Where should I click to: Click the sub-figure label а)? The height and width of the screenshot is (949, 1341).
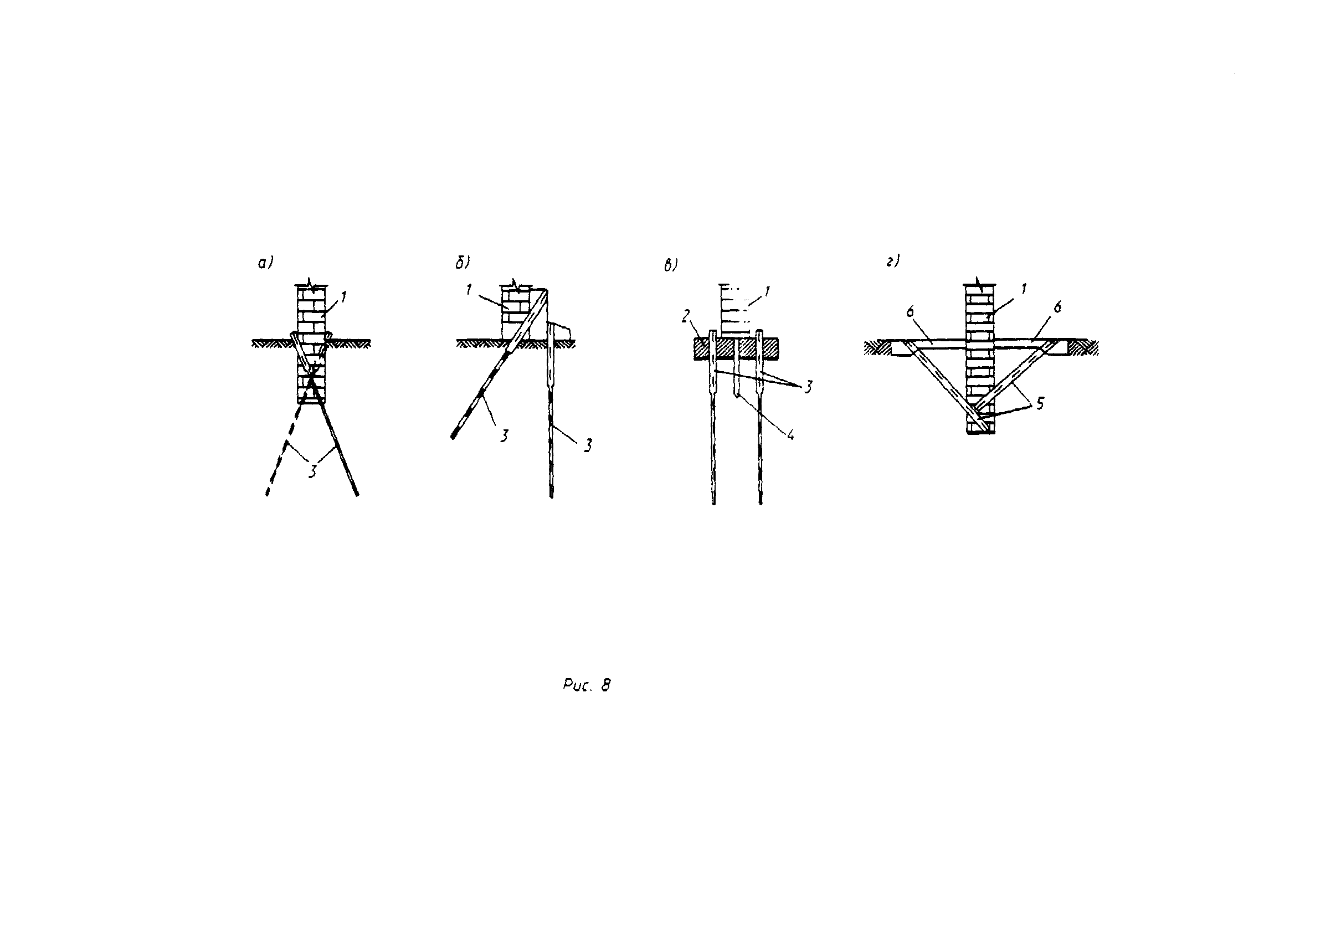point(265,264)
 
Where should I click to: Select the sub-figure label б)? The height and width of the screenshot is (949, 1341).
point(462,264)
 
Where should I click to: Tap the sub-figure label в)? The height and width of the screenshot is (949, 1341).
point(670,266)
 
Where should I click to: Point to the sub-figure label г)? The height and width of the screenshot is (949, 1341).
point(892,261)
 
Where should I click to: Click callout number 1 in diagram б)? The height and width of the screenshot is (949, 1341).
point(469,289)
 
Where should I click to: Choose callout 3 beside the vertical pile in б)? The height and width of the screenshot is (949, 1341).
point(588,445)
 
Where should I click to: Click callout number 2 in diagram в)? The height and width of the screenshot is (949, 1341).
point(686,317)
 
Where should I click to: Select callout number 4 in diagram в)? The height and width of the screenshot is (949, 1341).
point(790,434)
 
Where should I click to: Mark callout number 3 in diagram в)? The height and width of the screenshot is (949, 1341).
point(808,387)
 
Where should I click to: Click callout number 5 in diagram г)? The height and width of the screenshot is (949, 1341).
point(1040,404)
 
